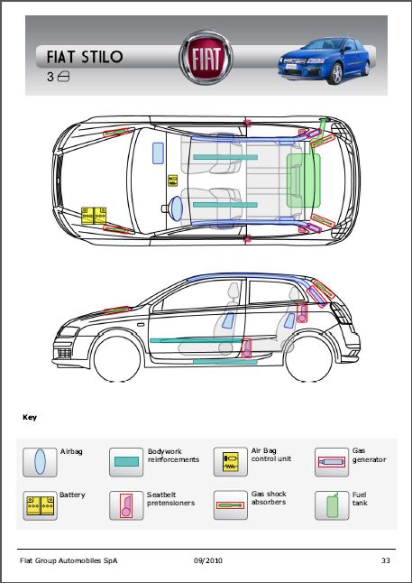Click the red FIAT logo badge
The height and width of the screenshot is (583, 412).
tap(206, 58)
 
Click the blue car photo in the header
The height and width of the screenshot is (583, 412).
tap(324, 60)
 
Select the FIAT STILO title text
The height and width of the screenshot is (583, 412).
tap(85, 57)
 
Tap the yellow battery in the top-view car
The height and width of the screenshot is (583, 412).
tap(94, 216)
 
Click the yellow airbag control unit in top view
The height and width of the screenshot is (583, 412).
tap(173, 180)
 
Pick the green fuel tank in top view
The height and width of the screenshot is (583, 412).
tap(304, 180)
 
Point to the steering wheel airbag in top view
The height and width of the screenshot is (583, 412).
tap(176, 209)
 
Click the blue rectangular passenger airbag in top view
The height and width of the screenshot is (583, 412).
tap(159, 153)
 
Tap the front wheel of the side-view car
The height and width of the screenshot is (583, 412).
tap(117, 359)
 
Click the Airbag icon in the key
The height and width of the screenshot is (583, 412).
tap(40, 462)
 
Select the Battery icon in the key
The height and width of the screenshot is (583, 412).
tap(40, 505)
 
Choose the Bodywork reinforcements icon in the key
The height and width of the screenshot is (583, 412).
tap(126, 462)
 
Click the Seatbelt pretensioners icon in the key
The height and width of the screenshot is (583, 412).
tap(126, 505)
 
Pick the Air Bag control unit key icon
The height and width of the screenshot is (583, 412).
tap(231, 462)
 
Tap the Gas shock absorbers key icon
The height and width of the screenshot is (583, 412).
tap(231, 505)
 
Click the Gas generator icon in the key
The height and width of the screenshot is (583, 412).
tap(332, 462)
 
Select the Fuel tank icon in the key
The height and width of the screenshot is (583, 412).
tap(332, 505)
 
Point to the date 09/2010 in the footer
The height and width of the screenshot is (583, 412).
tap(208, 560)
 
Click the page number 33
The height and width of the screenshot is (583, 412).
tap(386, 560)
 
